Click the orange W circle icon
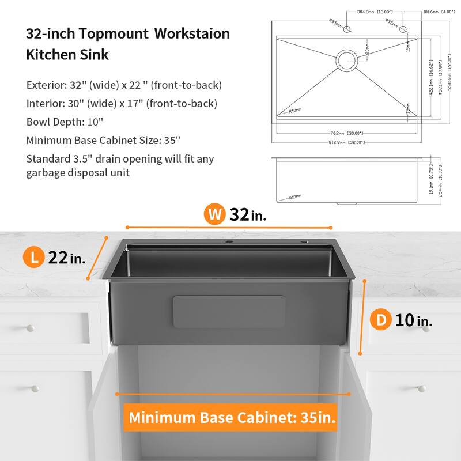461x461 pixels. (x=216, y=214)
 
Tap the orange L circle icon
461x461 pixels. (x=35, y=257)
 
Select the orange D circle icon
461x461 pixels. (x=381, y=320)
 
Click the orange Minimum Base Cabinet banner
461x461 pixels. (x=232, y=417)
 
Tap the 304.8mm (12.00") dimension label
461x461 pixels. (x=366, y=11)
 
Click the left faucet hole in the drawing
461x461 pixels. (x=347, y=28)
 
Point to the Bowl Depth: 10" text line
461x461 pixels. (x=65, y=122)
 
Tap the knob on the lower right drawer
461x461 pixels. (x=421, y=388)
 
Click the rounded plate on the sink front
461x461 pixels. (x=229, y=312)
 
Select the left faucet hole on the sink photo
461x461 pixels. (x=229, y=241)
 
